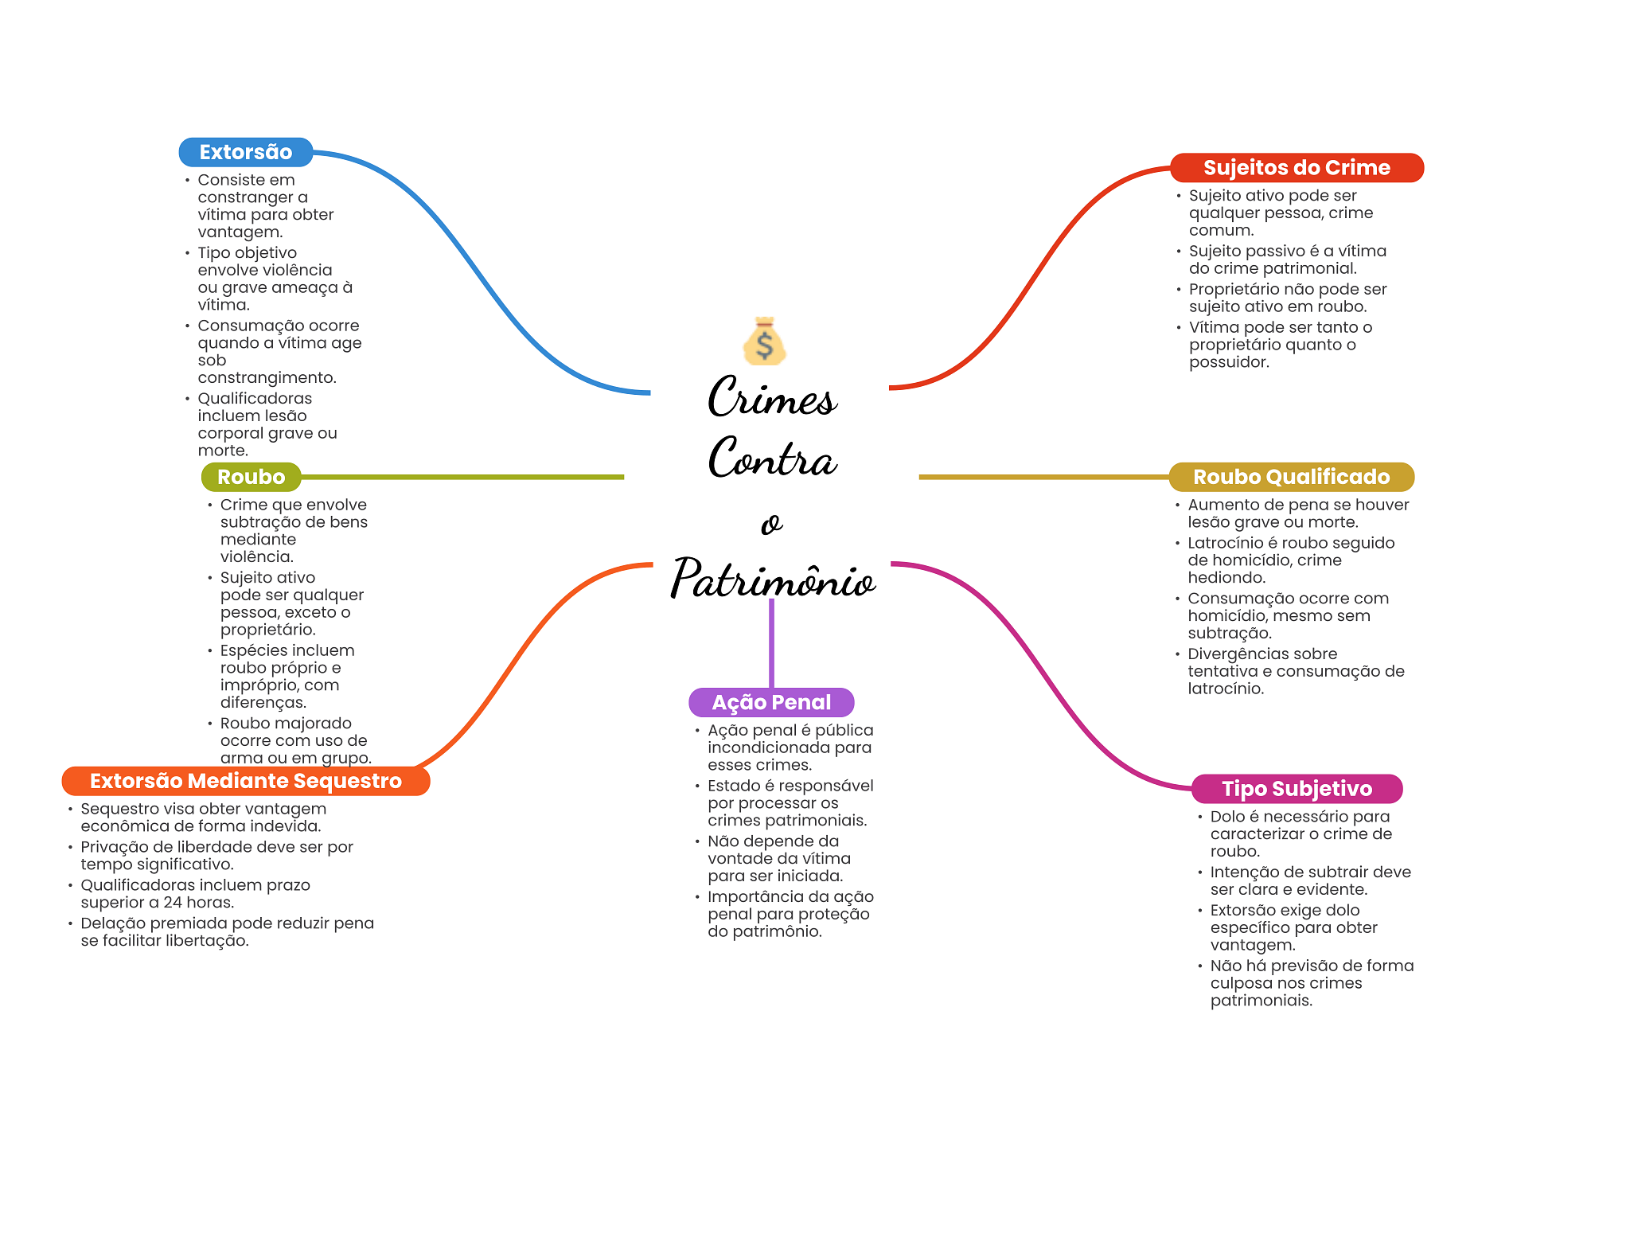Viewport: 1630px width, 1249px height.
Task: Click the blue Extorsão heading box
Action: pyautogui.click(x=245, y=152)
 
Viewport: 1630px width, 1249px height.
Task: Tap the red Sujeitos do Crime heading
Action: pyautogui.click(x=1296, y=168)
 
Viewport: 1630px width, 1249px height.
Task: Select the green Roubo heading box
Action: pyautogui.click(x=251, y=477)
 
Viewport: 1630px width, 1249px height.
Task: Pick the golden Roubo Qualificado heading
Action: pyautogui.click(x=1290, y=477)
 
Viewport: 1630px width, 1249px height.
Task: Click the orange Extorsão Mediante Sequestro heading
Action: pyautogui.click(x=245, y=781)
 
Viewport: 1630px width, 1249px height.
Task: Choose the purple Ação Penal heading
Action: pyautogui.click(x=770, y=702)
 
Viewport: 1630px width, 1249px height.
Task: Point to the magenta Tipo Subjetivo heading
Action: pyautogui.click(x=1296, y=789)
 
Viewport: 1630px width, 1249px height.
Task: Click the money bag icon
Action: pyautogui.click(x=764, y=342)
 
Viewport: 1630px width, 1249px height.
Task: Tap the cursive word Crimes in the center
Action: pyautogui.click(x=772, y=398)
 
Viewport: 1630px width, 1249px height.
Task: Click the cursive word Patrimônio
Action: pyautogui.click(x=772, y=579)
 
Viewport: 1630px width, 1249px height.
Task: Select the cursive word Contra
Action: pyautogui.click(x=772, y=459)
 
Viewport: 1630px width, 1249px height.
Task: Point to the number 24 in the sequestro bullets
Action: pyautogui.click(x=173, y=903)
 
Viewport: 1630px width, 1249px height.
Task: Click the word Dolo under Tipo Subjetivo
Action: pyautogui.click(x=1227, y=817)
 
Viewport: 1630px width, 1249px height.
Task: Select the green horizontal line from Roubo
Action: pyautogui.click(x=462, y=477)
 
